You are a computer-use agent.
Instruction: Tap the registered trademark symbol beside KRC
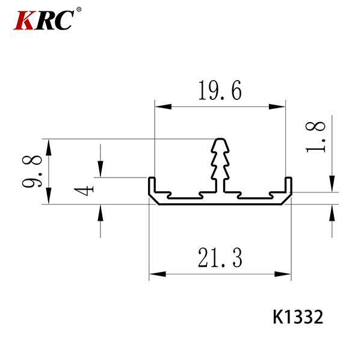tap(78, 10)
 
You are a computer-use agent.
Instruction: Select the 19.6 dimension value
tap(220, 90)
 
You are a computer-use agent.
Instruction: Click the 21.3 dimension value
tap(220, 258)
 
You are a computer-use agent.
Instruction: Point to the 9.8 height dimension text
tap(32, 171)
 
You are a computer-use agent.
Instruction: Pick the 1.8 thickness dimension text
tap(315, 137)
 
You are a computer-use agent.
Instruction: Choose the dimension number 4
tap(84, 191)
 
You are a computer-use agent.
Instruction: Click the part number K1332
tap(298, 317)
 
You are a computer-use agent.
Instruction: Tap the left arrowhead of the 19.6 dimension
tap(163, 106)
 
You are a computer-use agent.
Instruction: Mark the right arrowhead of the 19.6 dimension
tap(277, 106)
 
